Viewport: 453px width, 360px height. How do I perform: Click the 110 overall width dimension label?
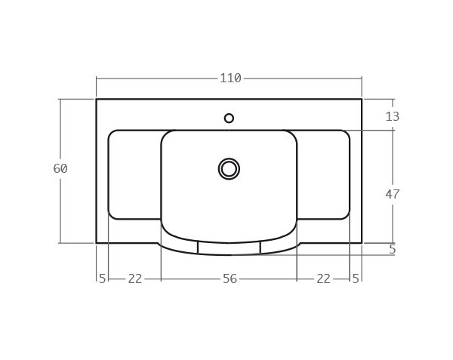pos(230,78)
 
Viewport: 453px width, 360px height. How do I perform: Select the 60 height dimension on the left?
pos(60,169)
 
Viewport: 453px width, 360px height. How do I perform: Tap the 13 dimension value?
pos(392,116)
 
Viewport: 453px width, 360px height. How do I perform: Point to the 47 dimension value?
pos(392,194)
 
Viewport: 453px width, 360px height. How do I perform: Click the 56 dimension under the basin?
pos(230,278)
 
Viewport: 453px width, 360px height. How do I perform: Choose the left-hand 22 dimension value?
pos(134,278)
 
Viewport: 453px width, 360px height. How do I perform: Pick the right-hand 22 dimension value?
pos(323,278)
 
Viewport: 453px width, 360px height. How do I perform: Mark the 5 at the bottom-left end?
pos(102,278)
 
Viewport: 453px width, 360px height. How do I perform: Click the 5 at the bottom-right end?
pos(356,278)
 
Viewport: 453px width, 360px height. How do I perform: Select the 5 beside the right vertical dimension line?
pos(392,250)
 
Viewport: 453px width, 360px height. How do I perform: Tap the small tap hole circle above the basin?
pos(229,118)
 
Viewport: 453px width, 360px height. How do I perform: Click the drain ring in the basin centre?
pos(229,169)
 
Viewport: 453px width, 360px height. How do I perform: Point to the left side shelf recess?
pos(134,174)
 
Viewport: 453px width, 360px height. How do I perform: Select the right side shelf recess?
pos(323,174)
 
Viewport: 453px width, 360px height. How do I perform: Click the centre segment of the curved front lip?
pos(229,249)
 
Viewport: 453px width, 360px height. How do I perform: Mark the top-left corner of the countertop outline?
pos(97,99)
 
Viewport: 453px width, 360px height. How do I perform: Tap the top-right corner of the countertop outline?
pos(362,99)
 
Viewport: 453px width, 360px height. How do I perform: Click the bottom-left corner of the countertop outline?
pos(97,243)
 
